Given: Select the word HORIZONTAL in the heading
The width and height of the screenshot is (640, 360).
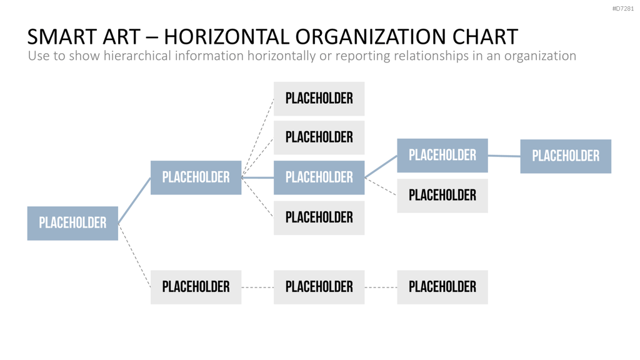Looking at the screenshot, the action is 226,37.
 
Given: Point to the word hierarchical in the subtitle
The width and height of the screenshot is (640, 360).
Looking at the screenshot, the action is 137,56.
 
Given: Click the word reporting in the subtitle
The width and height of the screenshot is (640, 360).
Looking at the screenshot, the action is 362,56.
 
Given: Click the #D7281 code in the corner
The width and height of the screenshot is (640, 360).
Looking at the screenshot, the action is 623,9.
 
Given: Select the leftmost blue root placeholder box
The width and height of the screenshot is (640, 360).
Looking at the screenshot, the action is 72,223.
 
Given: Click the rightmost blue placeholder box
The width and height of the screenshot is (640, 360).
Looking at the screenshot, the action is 566,156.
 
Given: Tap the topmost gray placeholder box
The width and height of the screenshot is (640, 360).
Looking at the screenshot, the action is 319,98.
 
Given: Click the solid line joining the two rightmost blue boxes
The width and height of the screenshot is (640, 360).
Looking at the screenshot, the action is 504,156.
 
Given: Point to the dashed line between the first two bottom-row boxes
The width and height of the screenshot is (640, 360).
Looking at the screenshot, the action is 257,287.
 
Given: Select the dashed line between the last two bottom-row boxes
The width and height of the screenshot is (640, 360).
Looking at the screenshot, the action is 381,287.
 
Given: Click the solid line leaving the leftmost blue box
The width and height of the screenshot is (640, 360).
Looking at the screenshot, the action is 134,201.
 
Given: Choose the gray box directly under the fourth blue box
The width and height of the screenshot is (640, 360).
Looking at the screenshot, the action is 442,196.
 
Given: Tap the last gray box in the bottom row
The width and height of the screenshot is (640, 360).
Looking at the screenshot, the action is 442,287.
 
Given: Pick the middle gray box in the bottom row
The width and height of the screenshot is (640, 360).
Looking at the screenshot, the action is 319,287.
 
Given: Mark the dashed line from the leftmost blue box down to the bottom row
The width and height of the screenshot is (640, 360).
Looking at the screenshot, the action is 134,256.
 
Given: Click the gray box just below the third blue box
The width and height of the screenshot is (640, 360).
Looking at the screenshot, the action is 319,218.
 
